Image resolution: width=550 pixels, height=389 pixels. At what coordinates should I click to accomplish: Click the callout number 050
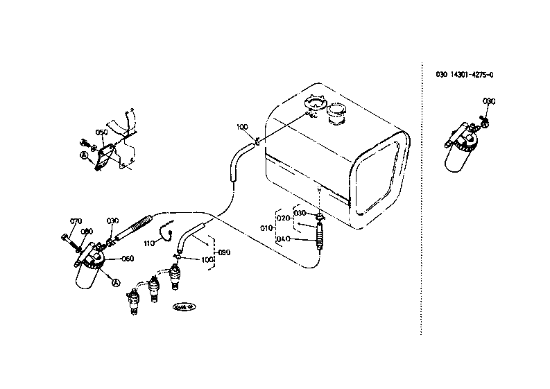[x=101, y=132]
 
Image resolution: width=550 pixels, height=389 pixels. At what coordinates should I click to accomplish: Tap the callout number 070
[x=76, y=221]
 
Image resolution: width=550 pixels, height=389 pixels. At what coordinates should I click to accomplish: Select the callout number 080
[x=87, y=232]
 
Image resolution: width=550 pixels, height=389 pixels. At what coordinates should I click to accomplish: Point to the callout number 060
[x=127, y=259]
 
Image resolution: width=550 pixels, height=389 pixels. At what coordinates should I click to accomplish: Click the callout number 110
[x=149, y=243]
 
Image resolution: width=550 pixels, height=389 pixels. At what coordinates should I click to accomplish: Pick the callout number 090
[x=224, y=252]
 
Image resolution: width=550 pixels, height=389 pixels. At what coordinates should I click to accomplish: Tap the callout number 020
[x=283, y=218]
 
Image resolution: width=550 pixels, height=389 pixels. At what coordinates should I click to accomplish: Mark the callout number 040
[x=283, y=239]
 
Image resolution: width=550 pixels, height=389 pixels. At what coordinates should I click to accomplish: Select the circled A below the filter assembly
[x=117, y=283]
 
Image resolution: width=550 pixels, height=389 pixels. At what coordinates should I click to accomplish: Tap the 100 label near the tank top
[x=241, y=127]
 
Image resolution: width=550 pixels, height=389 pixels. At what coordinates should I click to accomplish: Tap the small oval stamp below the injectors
[x=184, y=306]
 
